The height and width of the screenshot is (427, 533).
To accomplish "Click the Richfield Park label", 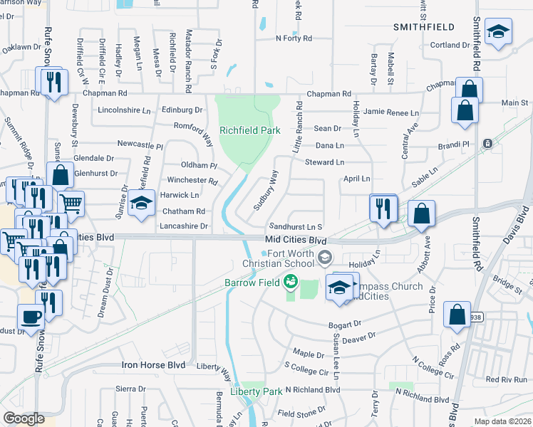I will pyautogui.click(x=249, y=130).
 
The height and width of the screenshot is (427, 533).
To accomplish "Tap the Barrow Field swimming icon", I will pyautogui.click(x=291, y=283).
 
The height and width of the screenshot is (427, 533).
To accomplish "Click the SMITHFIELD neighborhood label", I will pyautogui.click(x=424, y=26).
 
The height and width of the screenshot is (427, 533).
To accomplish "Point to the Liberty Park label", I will pyautogui.click(x=256, y=391).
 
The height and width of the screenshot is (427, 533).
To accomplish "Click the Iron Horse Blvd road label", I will pyautogui.click(x=153, y=365).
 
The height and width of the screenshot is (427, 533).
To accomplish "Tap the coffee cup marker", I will pyautogui.click(x=30, y=317).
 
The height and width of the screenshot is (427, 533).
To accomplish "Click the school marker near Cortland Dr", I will pyautogui.click(x=498, y=31).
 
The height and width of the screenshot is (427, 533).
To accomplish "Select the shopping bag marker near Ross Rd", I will pyautogui.click(x=457, y=315).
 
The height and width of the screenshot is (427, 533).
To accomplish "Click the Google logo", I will pyautogui.click(x=24, y=418).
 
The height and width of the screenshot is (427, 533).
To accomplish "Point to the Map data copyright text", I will pyautogui.click(x=502, y=422).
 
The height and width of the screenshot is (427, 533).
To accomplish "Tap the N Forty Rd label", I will pyautogui.click(x=294, y=38).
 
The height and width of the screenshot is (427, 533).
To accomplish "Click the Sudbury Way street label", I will pyautogui.click(x=266, y=190).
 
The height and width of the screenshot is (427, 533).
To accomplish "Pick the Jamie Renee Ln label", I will pyautogui.click(x=390, y=112).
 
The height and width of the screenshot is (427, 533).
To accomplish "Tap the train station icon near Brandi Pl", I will pyautogui.click(x=488, y=143).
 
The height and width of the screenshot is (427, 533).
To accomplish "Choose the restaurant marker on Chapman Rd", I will pyautogui.click(x=51, y=83).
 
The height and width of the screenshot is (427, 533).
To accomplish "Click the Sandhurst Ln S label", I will pyautogui.click(x=296, y=225).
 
